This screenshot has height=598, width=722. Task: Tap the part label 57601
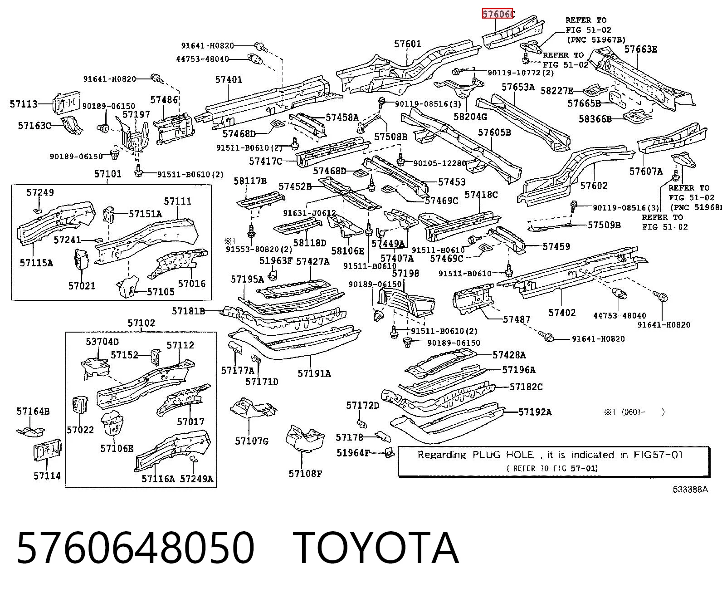[408, 44]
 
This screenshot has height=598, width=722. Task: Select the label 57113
[24, 104]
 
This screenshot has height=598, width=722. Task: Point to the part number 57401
[229, 79]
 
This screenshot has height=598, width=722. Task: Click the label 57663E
[641, 49]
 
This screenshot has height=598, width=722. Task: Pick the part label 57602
[594, 186]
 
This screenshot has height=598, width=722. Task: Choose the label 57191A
[314, 373]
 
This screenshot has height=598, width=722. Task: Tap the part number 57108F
[305, 473]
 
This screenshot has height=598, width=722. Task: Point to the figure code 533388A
[690, 490]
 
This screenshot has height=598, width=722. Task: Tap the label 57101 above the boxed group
[108, 174]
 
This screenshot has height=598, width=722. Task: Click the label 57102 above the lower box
[141, 323]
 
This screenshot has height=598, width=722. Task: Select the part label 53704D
[102, 342]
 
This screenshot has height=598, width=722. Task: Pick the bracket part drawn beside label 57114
[48, 450]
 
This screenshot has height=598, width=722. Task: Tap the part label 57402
[562, 313]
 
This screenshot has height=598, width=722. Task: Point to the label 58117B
[250, 181]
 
